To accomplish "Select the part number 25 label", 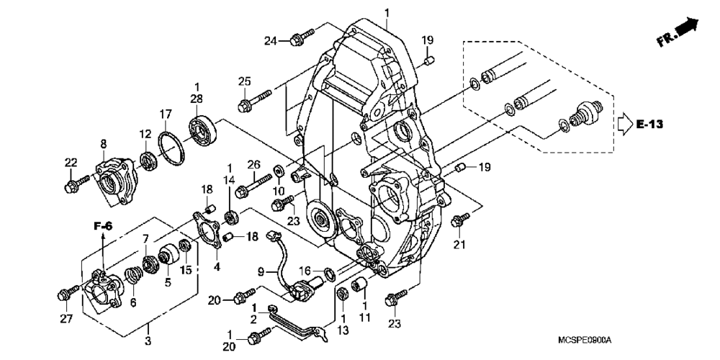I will pos(244,80).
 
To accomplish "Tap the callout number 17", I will pos(166,114).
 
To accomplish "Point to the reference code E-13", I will pos(651,124).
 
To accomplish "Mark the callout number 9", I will pos(264,272).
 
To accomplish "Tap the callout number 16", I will pos(306,270).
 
